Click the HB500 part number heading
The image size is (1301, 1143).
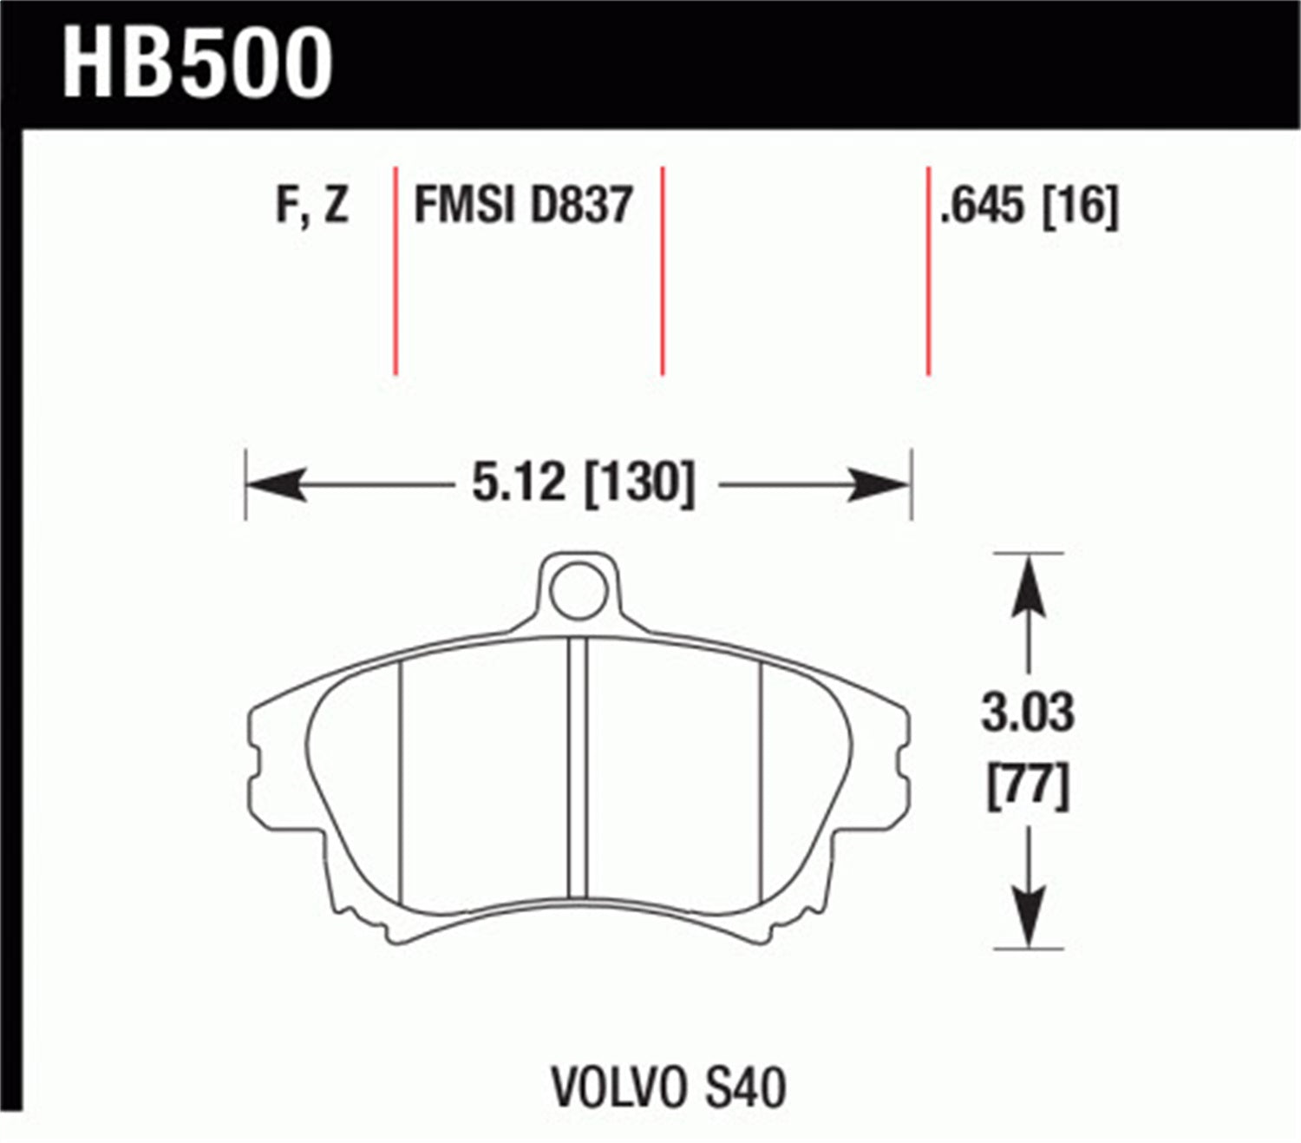[x=197, y=63]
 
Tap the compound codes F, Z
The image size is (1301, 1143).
[x=311, y=206]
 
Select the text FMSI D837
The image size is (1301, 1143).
[x=523, y=206]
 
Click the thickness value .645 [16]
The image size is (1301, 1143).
[x=1030, y=206]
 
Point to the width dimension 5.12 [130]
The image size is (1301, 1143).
[x=583, y=483]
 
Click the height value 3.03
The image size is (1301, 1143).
[x=1028, y=713]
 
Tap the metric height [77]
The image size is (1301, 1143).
[x=1028, y=785]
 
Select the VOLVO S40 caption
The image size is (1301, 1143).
[x=669, y=1087]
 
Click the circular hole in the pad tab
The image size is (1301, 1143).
[x=578, y=590]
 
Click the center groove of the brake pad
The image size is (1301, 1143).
[x=578, y=768]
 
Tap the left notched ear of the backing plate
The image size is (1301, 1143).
[x=258, y=764]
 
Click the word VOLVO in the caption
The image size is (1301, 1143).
[x=615, y=1087]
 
